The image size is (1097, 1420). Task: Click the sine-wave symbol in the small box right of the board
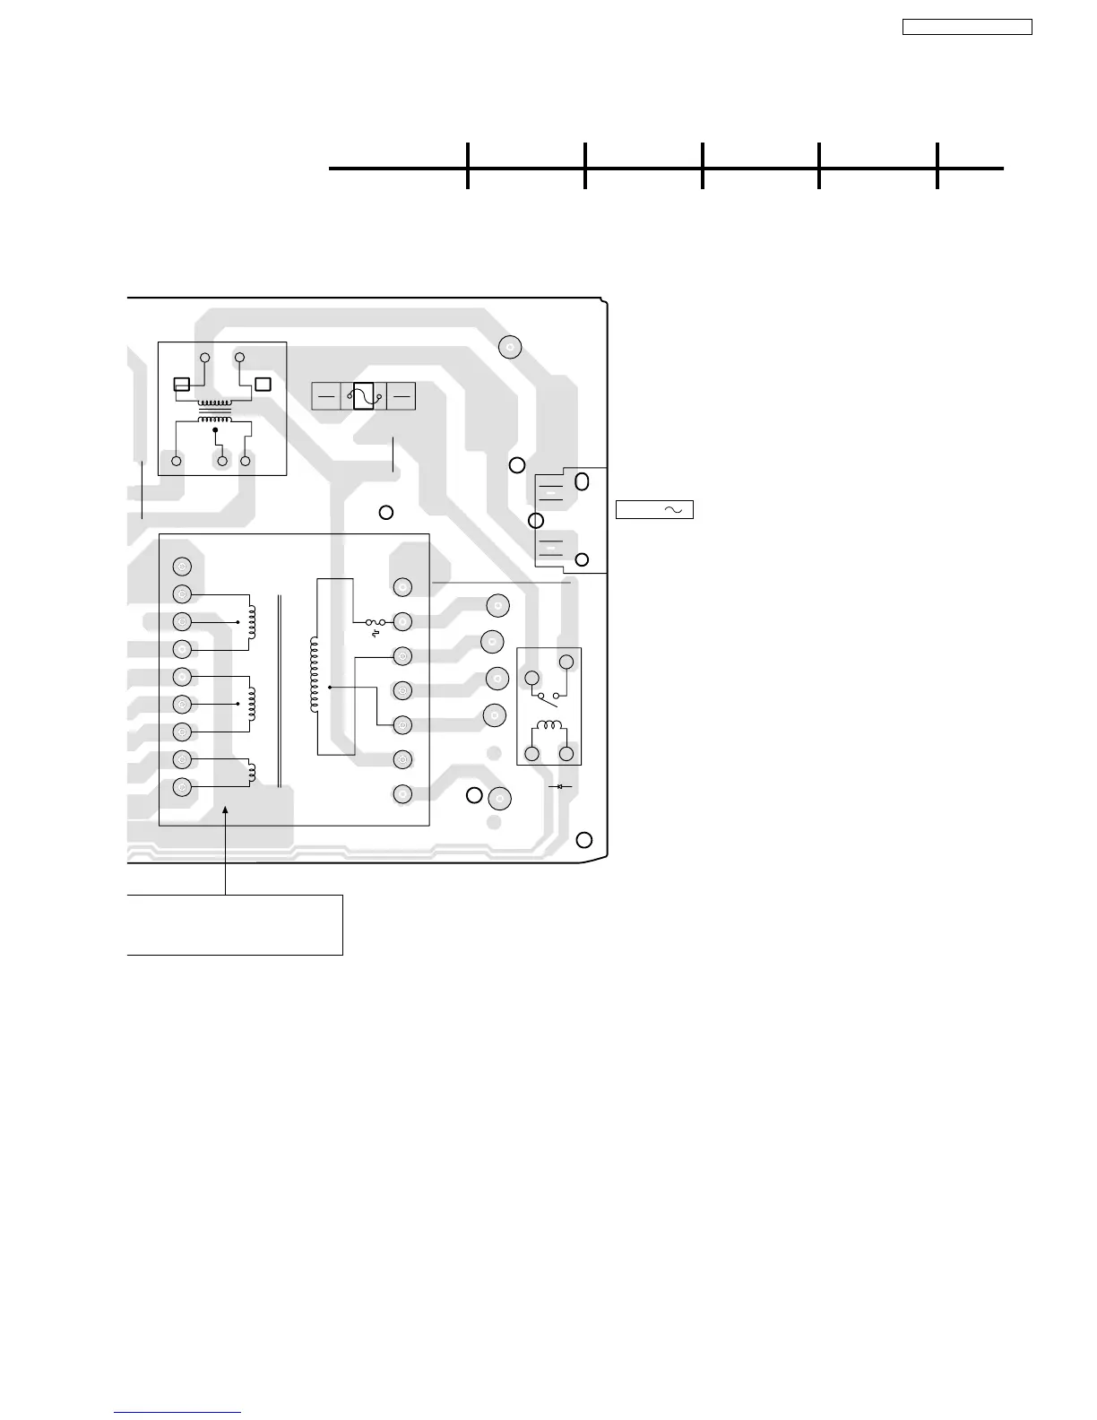(x=674, y=510)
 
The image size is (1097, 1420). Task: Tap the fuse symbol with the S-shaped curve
(x=363, y=395)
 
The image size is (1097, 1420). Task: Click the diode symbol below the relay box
(x=560, y=786)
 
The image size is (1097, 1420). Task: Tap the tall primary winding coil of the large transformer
(x=314, y=675)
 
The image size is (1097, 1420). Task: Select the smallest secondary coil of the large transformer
(x=253, y=772)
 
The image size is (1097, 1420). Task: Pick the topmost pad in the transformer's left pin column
(x=182, y=567)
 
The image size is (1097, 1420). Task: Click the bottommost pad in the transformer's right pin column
(x=402, y=794)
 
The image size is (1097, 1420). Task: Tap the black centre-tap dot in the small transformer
(x=215, y=430)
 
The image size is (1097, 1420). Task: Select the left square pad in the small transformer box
(x=181, y=385)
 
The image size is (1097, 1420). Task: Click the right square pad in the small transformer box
(x=263, y=385)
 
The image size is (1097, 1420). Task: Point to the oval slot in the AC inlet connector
(x=582, y=481)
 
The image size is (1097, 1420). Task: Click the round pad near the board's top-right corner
(x=510, y=347)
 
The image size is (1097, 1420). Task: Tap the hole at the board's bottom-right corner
(x=584, y=840)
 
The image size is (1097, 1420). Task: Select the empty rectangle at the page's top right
(x=966, y=27)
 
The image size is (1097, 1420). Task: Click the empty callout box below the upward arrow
(x=235, y=924)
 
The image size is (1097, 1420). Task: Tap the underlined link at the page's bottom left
(x=177, y=1413)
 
